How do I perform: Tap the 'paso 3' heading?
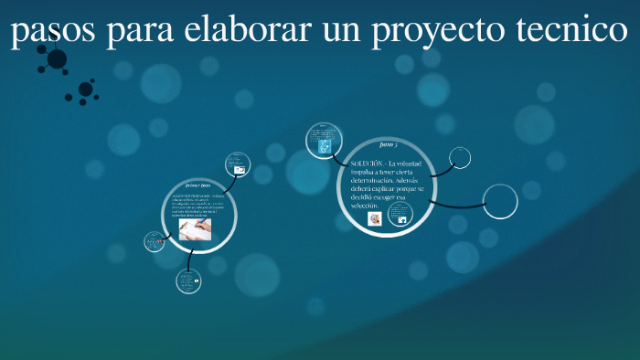coord(389,144)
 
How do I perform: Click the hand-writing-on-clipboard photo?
coord(195,228)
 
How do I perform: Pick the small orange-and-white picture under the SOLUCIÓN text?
coord(374,219)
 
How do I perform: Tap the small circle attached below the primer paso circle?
coord(188,281)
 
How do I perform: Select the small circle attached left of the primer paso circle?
coord(154,241)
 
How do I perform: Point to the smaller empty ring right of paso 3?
coord(460,158)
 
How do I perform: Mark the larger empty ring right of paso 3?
coord(499,201)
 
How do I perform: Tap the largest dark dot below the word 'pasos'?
coord(57,60)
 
